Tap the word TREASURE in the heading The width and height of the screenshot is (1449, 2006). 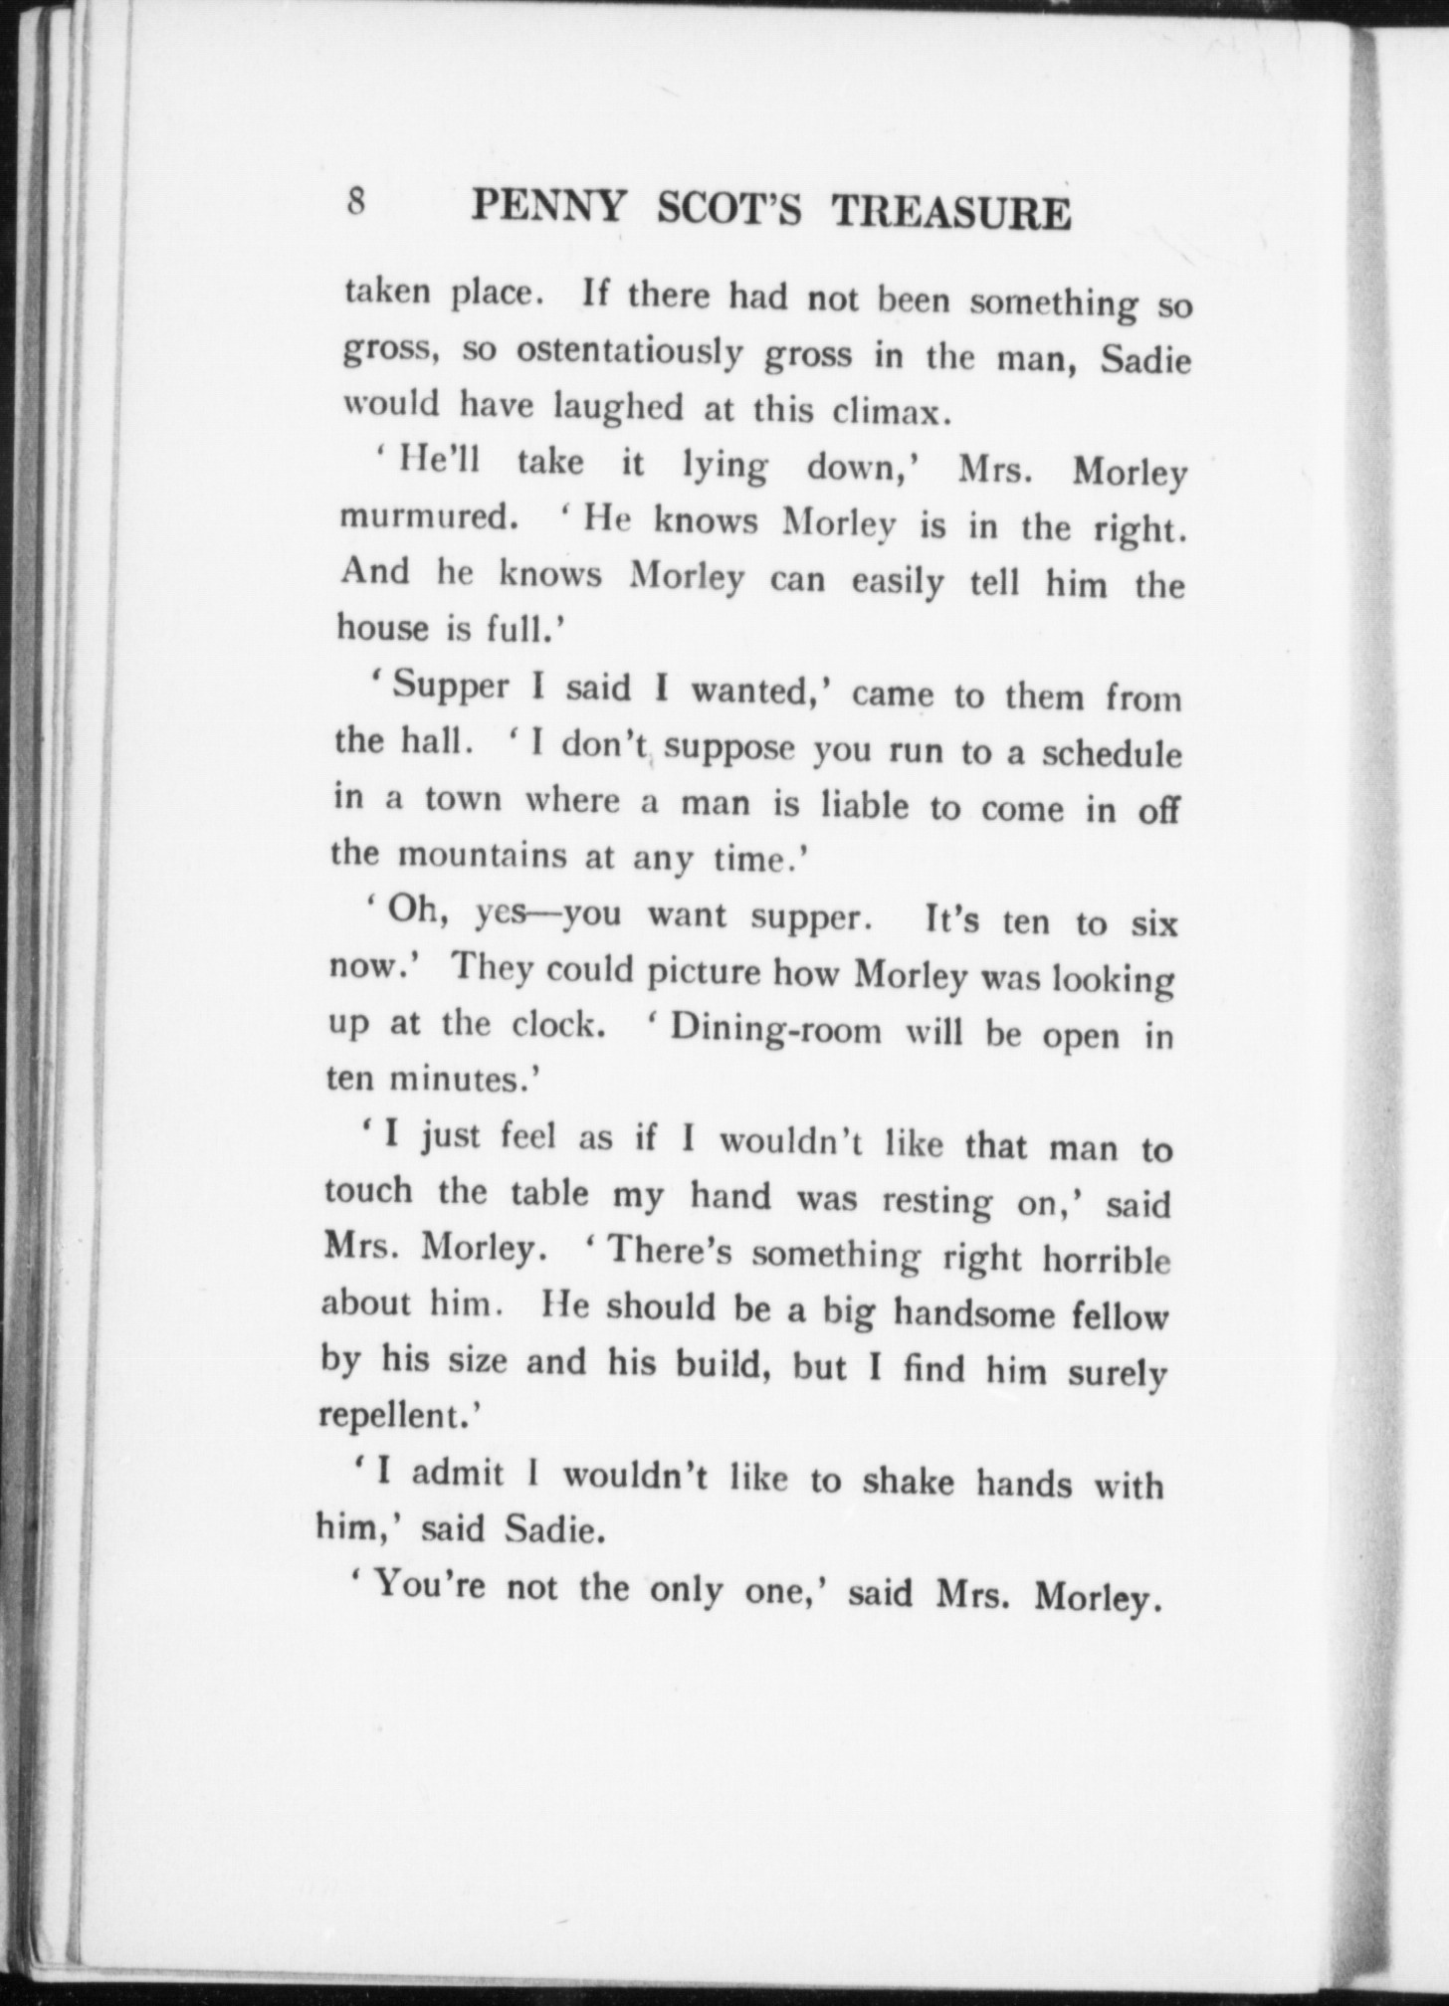pos(950,214)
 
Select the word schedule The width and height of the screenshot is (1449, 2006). pos(1112,754)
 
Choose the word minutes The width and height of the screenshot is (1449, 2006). pos(464,1080)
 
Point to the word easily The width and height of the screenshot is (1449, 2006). pos(898,581)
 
